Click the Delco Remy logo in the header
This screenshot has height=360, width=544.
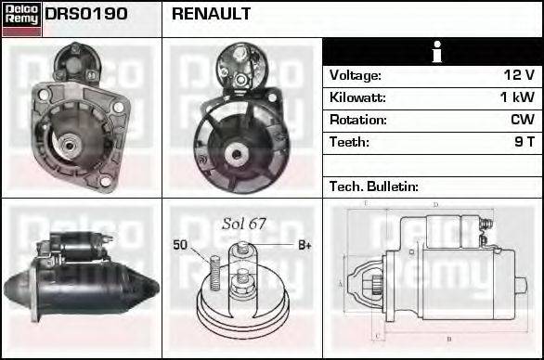click(x=21, y=19)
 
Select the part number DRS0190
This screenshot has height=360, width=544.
click(x=86, y=15)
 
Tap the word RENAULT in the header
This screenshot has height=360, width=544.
click(x=211, y=15)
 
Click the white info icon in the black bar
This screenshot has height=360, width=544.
click(x=433, y=51)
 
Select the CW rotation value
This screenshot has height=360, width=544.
click(x=523, y=120)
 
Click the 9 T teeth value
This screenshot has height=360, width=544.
click(x=525, y=142)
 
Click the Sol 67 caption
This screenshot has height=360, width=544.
click(x=244, y=224)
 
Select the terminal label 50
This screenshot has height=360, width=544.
click(x=180, y=245)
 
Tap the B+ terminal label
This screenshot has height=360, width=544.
click(x=304, y=245)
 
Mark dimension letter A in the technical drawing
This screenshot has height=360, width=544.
click(x=340, y=283)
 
